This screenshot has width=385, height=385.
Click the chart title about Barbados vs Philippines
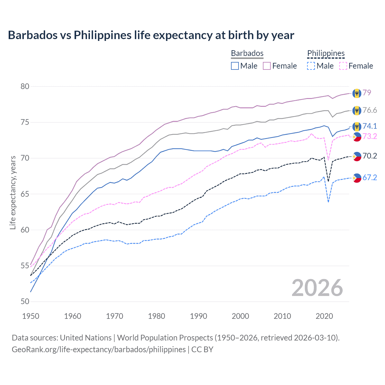(151, 35)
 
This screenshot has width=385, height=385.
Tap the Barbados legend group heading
(247, 53)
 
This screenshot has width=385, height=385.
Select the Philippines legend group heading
(326, 53)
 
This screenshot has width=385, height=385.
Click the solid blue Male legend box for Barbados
(235, 66)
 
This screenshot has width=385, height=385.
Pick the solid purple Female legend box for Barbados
(267, 66)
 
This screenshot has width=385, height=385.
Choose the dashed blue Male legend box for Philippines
(311, 66)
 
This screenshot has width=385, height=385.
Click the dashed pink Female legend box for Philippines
(343, 66)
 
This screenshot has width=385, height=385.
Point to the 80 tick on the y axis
(25, 87)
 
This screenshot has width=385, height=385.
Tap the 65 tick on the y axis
(25, 194)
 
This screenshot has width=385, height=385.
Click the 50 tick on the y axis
(25, 301)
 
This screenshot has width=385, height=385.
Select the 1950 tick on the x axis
(31, 316)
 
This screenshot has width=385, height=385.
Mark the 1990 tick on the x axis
(199, 316)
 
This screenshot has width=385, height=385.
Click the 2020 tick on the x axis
(324, 316)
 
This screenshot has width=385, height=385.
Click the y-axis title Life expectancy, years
(13, 192)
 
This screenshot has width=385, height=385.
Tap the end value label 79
(367, 93)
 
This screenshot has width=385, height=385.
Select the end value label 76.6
(370, 110)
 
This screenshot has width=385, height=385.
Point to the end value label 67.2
(370, 177)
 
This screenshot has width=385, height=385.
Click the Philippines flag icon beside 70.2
(357, 156)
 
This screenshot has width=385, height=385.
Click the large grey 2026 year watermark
(317, 288)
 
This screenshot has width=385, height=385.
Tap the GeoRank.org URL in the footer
(99, 350)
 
